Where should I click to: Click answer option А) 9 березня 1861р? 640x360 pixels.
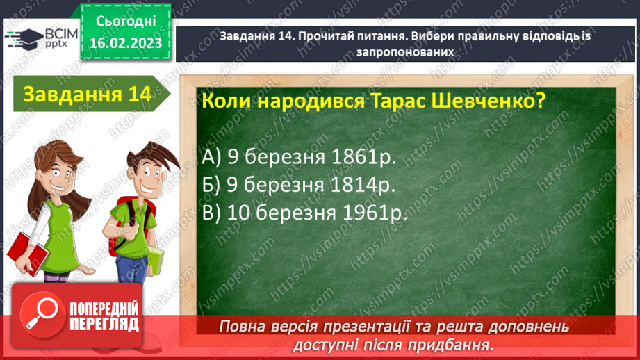point(299,158)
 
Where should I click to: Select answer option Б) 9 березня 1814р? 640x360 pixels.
point(299,186)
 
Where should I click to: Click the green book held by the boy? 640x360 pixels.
point(156,260)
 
